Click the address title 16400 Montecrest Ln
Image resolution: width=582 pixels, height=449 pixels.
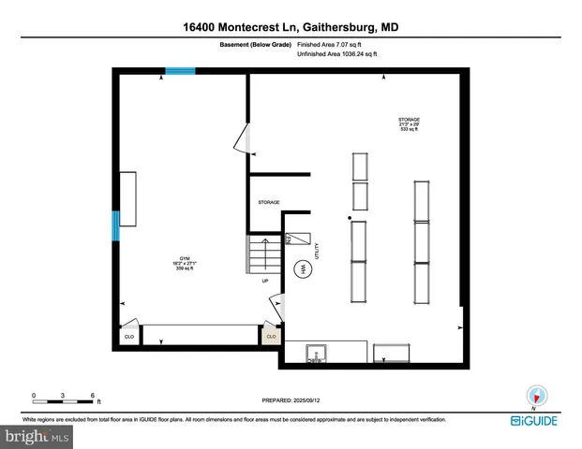pyautogui.click(x=290, y=29)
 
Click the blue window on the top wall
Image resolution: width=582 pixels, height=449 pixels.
pyautogui.click(x=181, y=70)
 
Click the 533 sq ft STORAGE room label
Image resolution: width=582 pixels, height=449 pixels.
pyautogui.click(x=408, y=124)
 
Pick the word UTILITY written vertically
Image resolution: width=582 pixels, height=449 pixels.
pyautogui.click(x=319, y=250)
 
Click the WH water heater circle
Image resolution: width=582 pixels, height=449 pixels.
pyautogui.click(x=303, y=270)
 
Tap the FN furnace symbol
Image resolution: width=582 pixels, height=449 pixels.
pyautogui.click(x=291, y=239)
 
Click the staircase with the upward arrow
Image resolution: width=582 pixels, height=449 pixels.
pyautogui.click(x=263, y=253)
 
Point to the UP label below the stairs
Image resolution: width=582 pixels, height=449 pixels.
pyautogui.click(x=265, y=282)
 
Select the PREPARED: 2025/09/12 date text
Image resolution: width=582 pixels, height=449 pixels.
pyautogui.click(x=291, y=399)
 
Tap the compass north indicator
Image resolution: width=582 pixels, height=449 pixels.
pyautogui.click(x=535, y=396)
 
